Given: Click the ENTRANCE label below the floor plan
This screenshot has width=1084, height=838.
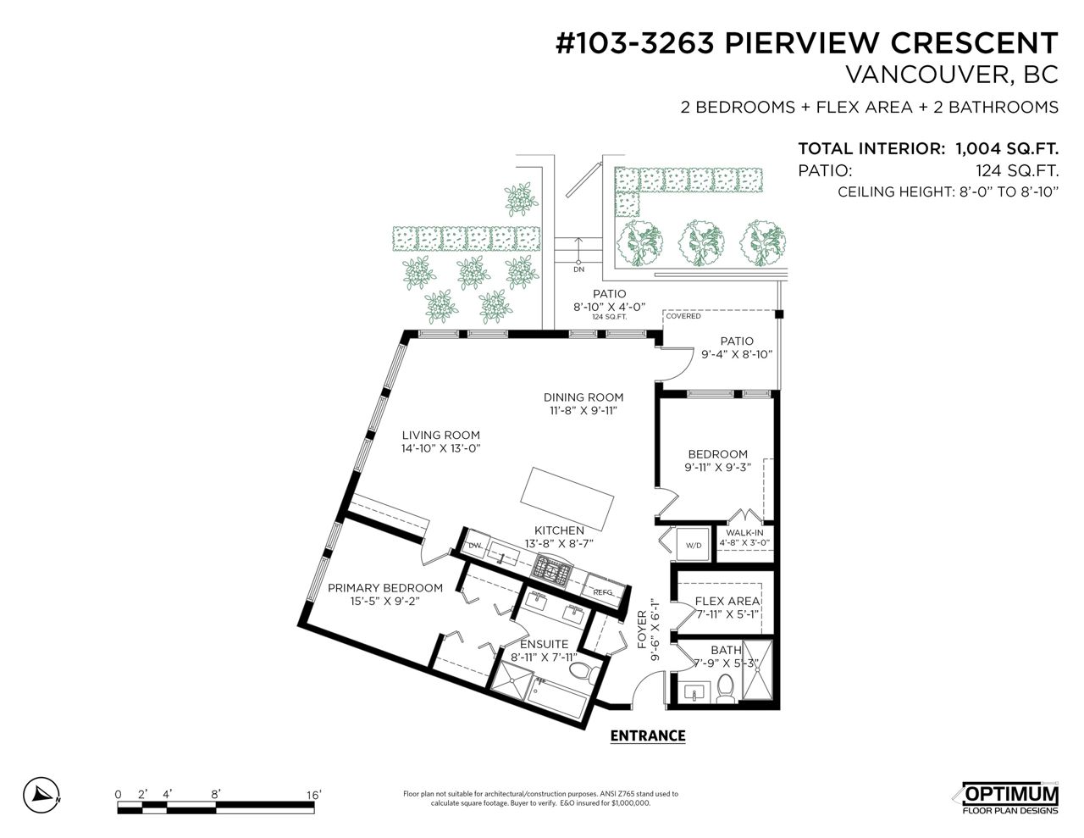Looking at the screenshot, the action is [648, 735].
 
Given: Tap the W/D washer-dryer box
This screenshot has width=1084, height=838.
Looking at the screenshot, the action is [693, 545].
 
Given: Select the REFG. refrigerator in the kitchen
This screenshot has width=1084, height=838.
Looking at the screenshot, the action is [603, 591].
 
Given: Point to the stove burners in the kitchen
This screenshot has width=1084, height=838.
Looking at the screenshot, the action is [553, 569].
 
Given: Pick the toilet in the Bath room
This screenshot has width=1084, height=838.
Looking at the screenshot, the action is [724, 688].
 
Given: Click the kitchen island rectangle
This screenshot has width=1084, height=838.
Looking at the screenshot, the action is [567, 499].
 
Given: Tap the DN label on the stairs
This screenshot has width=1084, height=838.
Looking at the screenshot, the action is [578, 269].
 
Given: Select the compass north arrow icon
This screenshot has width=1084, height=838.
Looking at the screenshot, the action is [41, 796].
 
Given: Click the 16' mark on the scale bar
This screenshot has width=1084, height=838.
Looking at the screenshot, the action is [314, 795].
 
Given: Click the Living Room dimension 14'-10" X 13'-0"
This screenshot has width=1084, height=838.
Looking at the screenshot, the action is [440, 448].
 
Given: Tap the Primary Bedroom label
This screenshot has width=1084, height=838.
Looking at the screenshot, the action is [385, 588].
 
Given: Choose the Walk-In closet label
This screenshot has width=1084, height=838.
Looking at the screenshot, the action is [744, 533].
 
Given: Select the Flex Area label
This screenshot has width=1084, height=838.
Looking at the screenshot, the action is [727, 601].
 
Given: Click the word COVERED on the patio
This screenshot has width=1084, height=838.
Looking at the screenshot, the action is [683, 316].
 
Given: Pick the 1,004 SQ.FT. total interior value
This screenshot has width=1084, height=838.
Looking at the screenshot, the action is [1007, 148].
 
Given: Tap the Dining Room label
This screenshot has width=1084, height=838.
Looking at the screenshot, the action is [583, 397].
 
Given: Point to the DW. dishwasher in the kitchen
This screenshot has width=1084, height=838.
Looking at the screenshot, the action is [474, 545].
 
